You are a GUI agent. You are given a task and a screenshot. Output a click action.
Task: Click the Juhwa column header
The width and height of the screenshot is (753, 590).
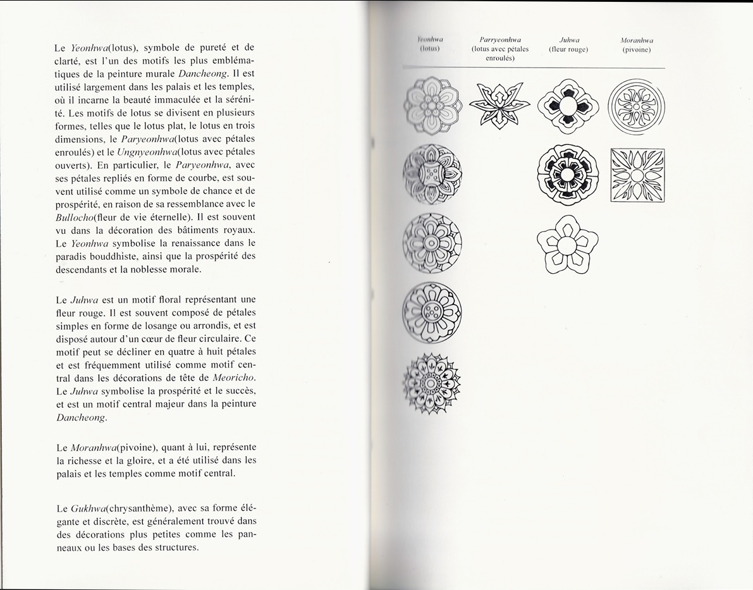pos(569,39)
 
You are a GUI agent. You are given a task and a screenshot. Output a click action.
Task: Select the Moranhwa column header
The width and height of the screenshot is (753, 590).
pos(637,40)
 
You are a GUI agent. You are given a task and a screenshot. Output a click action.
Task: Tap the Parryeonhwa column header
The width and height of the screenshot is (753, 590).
pos(500,39)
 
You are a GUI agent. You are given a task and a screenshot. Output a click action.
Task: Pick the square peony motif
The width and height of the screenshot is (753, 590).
pos(637,175)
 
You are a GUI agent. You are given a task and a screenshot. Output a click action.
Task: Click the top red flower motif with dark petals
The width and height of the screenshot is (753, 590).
pos(567,105)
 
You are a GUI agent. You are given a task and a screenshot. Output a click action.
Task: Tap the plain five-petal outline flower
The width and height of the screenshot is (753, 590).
pos(567,245)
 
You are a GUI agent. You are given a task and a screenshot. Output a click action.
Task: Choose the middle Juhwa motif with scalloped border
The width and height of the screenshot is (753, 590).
pos(567,175)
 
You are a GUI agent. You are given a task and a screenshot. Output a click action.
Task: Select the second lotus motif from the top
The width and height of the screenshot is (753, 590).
pos(432,174)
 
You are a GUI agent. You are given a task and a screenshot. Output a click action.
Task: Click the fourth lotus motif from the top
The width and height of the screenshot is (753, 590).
pos(432,312)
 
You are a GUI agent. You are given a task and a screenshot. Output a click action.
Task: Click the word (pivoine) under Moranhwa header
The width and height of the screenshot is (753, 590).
pos(637,49)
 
